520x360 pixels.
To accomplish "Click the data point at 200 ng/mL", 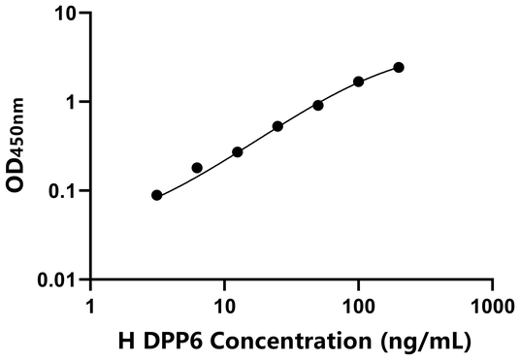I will click(x=399, y=67).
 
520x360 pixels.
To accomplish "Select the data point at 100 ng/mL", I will click(x=359, y=82).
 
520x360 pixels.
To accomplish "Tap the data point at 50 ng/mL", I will click(x=318, y=105).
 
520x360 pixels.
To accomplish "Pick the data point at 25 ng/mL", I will click(x=277, y=126).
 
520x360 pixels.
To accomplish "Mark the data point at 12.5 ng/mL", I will click(x=238, y=152).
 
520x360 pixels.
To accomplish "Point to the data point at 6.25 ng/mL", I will click(x=197, y=168).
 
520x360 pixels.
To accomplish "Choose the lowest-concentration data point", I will click(x=157, y=195).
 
